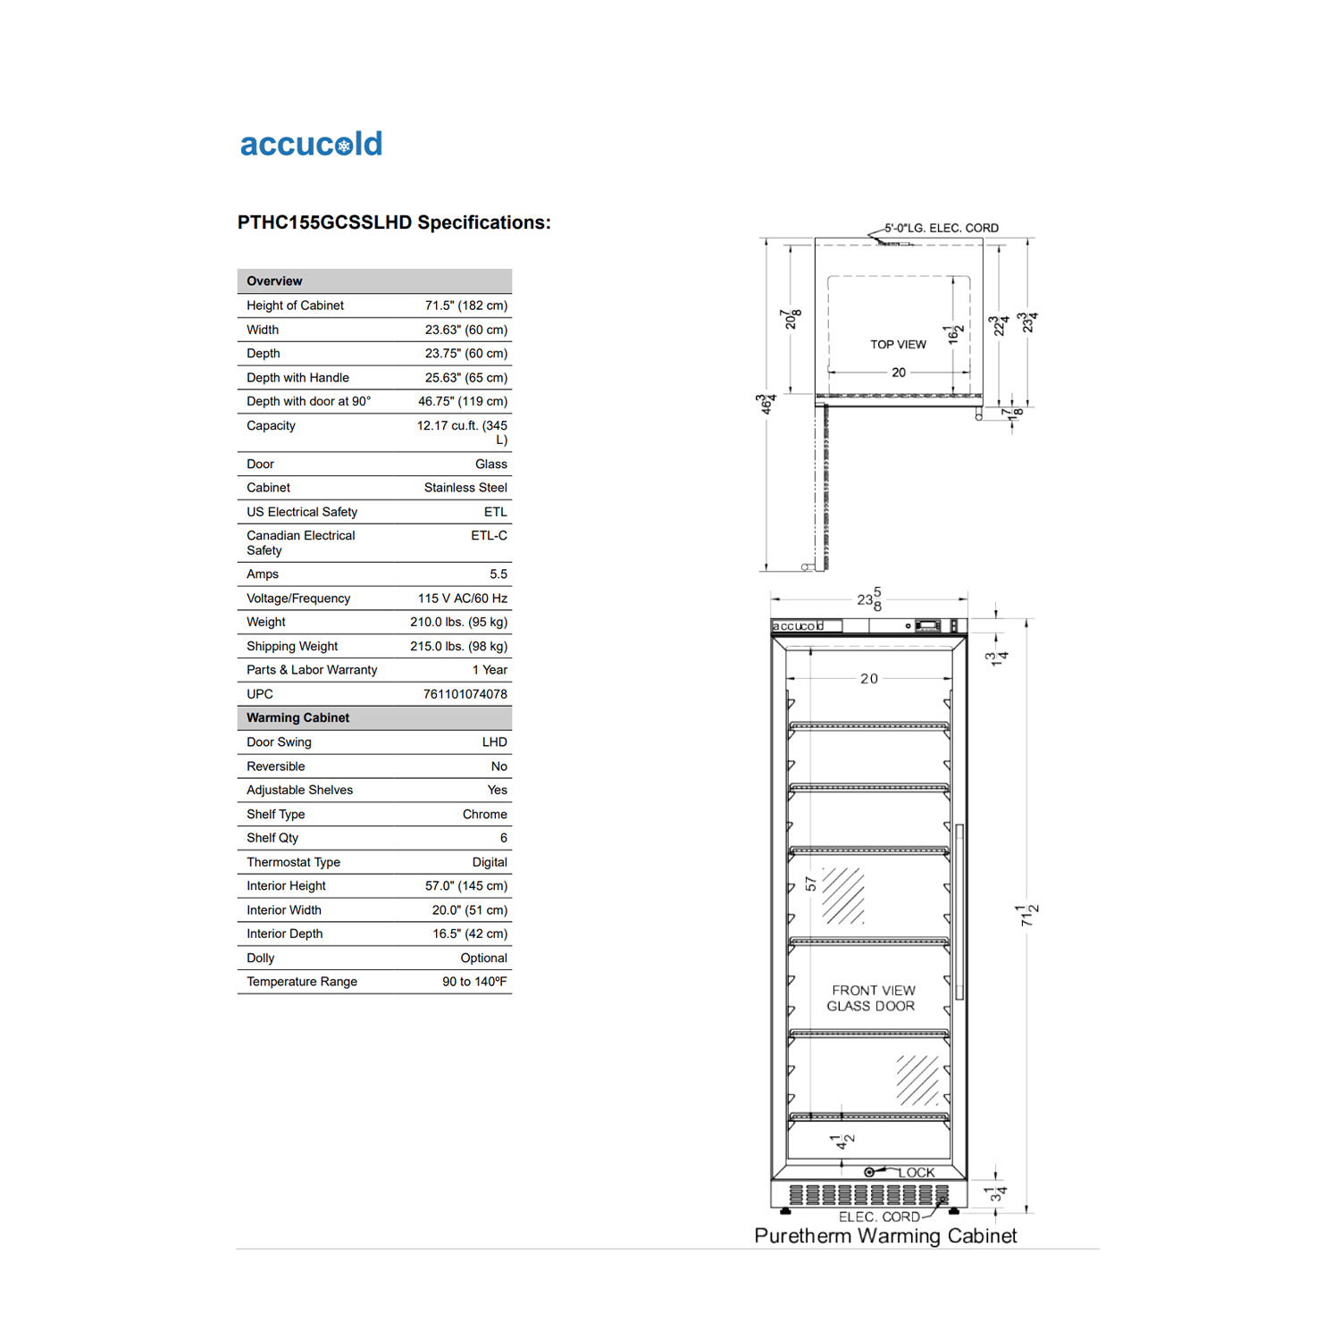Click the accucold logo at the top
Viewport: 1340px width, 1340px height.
coord(311,144)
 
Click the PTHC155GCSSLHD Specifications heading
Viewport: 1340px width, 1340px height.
coord(394,222)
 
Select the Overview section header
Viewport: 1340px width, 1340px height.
coord(275,281)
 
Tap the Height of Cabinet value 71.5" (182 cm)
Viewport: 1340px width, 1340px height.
coord(465,306)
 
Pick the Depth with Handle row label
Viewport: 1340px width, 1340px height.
coord(297,378)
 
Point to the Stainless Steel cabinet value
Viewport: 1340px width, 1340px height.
coord(465,488)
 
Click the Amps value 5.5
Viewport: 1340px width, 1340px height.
coord(498,574)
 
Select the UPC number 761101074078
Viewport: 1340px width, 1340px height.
coord(465,694)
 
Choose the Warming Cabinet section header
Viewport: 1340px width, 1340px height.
coord(298,718)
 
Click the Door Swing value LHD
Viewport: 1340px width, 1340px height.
coord(494,742)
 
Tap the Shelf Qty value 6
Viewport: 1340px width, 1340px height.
coord(503,838)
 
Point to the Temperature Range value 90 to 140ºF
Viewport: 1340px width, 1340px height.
coord(474,982)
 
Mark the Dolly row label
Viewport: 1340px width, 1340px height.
coord(261,958)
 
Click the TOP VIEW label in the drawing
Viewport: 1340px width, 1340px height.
coord(898,345)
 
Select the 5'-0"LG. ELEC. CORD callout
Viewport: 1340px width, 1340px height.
coord(942,229)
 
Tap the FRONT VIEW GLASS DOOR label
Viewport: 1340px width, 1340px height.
coord(872,998)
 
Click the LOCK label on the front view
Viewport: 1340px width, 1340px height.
coord(916,1173)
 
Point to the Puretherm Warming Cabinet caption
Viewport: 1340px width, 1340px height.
coord(885,1235)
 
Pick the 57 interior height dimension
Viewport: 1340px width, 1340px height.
coord(810,884)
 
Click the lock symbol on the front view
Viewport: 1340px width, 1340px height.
coord(869,1172)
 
